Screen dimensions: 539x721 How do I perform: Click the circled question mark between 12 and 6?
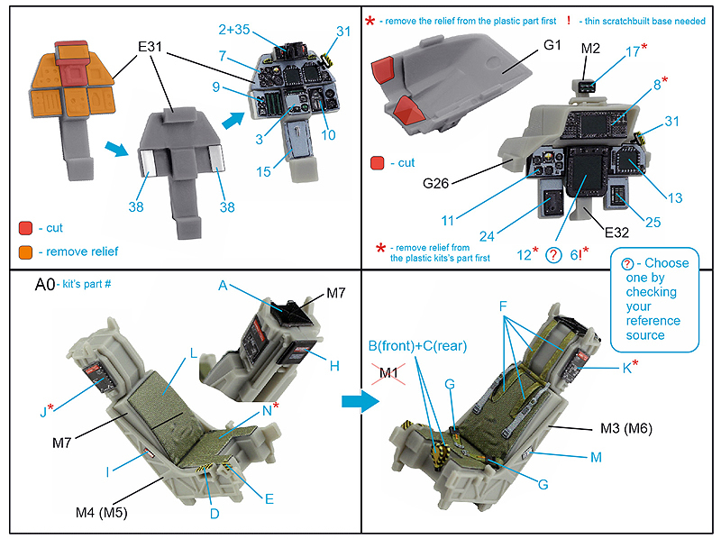555,255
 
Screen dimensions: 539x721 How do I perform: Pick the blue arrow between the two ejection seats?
360,402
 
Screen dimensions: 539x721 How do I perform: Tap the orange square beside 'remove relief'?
25,251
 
